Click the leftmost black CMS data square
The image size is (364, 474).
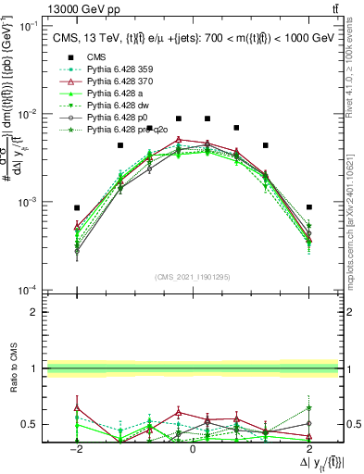click(x=78, y=207)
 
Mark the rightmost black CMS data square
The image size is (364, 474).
click(x=308, y=207)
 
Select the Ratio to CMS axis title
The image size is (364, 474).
click(x=12, y=368)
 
